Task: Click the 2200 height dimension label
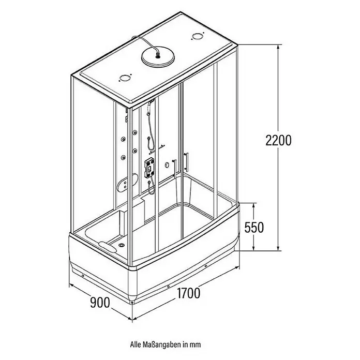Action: point(278,140)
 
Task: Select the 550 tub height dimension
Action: point(254,227)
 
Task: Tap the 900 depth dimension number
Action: point(100,303)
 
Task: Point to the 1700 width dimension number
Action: point(188,293)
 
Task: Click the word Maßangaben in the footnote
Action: point(161,344)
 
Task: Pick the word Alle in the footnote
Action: point(136,344)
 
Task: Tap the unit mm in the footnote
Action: point(195,345)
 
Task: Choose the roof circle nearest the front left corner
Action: point(125,78)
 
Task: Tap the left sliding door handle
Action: point(175,168)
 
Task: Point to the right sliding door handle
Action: point(187,161)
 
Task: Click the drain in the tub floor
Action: point(122,245)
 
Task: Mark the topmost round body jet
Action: point(135,132)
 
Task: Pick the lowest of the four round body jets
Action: point(124,157)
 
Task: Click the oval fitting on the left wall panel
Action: point(127,183)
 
